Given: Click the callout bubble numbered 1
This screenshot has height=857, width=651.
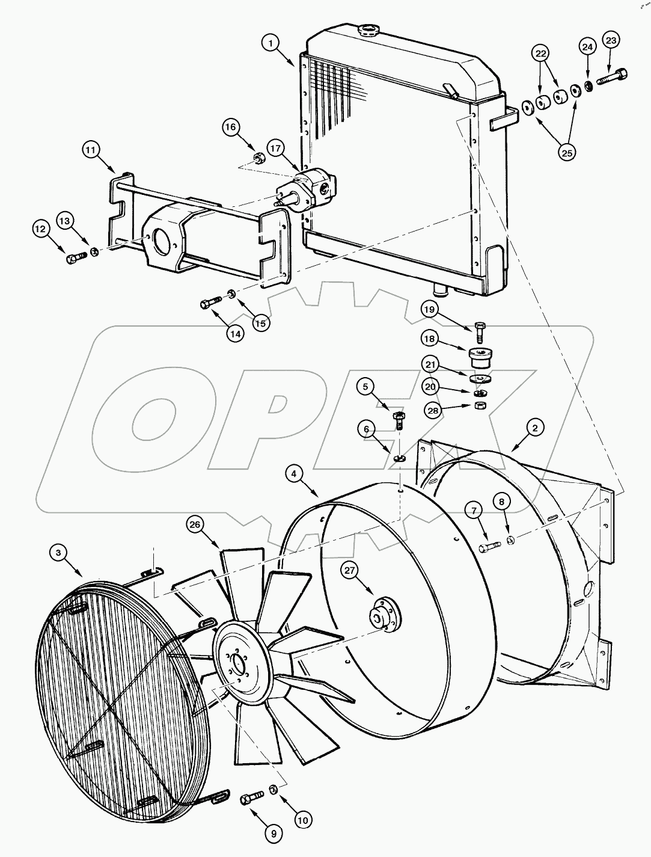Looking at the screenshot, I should pos(272,43).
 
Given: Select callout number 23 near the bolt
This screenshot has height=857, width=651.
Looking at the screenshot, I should pos(611,41).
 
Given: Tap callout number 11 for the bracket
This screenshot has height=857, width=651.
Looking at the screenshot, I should pos(91,149).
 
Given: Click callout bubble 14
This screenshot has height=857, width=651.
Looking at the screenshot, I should pos(236,333).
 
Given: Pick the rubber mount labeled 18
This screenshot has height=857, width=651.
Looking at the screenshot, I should pos(479,355).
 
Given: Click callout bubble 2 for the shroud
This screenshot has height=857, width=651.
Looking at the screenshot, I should pos(535,428).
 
